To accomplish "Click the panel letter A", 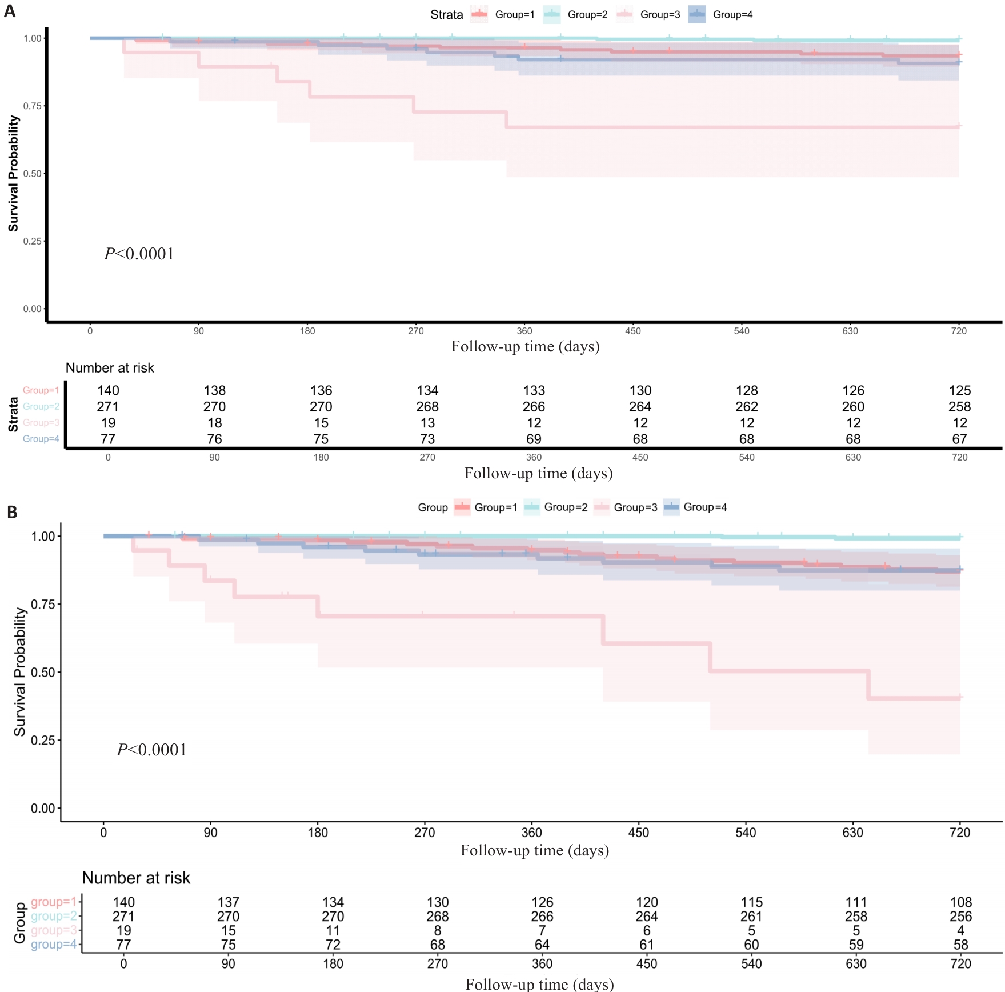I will [9, 11].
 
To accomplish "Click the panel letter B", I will [12, 512].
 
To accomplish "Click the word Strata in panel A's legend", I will [446, 15].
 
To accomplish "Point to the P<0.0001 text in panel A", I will [139, 254].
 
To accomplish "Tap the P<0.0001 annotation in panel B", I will [151, 750].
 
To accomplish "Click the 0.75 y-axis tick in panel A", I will [33, 106].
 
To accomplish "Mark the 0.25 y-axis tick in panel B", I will [43, 741].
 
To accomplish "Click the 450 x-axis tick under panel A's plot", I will [632, 331].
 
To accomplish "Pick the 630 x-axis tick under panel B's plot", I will [852, 833].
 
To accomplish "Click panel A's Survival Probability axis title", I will [13, 174].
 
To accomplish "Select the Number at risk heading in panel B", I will [136, 878].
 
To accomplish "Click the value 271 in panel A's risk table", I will [108, 407].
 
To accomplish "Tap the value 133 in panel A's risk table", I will [534, 391].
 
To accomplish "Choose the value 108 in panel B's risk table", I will [960, 902].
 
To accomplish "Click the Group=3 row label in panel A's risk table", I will [41, 423].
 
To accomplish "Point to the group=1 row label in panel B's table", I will [53, 902].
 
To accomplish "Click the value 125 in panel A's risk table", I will [959, 391].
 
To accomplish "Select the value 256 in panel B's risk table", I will [960, 917].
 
